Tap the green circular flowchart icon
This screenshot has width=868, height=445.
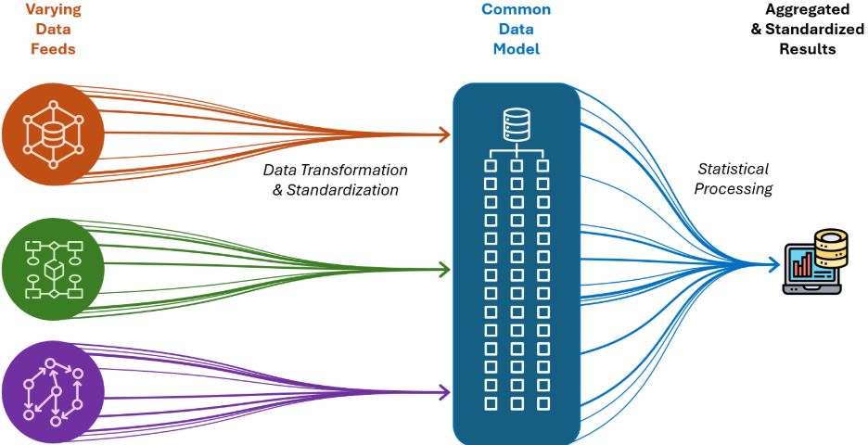52,269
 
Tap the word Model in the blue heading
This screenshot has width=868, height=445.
516,48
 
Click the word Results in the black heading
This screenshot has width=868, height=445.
806,48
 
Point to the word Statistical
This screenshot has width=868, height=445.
733,170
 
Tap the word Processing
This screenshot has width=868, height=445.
734,189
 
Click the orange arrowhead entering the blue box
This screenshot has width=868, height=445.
444,134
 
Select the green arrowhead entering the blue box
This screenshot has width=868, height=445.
444,270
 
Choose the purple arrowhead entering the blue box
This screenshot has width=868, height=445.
444,393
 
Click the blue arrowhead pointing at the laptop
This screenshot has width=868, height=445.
773,265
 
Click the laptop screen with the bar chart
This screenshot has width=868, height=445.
806,266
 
